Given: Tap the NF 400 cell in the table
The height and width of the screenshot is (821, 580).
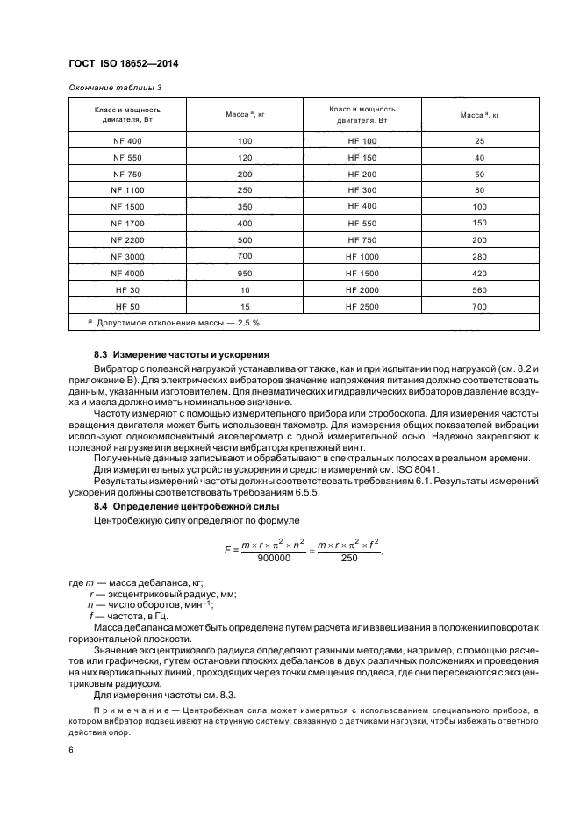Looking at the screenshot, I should point(127,141).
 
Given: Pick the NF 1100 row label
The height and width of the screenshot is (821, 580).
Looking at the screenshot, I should point(127,190).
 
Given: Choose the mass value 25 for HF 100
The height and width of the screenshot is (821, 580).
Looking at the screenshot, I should point(479,141).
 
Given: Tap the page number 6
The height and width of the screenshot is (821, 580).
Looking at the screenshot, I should point(70,751).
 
